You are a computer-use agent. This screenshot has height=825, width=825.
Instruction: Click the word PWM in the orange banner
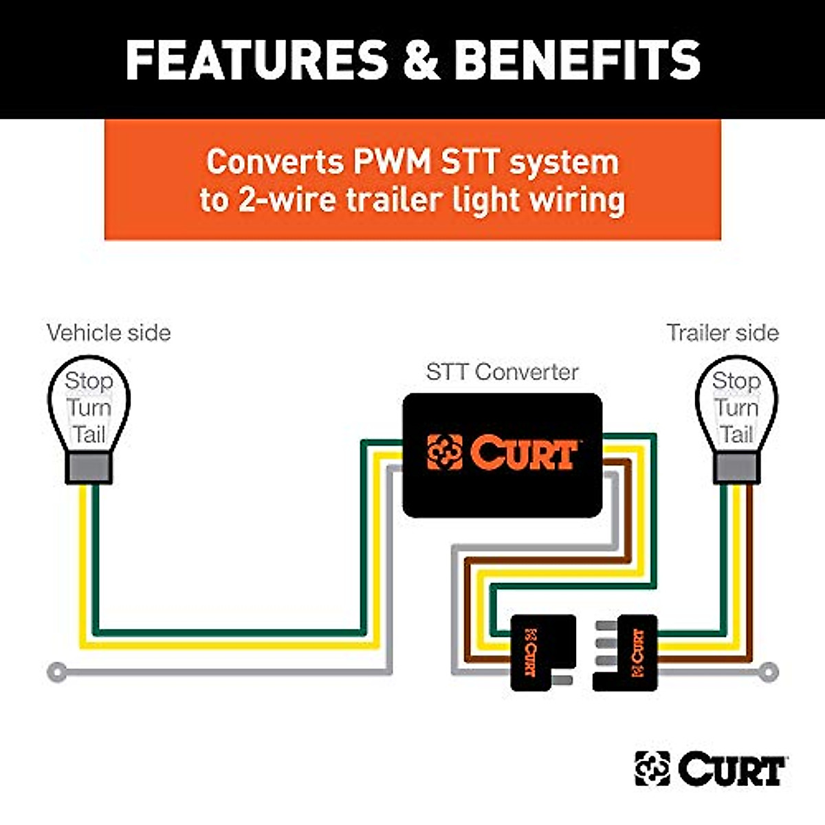coord(392,162)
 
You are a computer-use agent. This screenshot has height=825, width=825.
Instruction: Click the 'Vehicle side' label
coord(109,333)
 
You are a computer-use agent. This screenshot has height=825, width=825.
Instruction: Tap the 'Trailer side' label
coord(723,333)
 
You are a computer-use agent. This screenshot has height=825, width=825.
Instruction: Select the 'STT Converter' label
coord(502,372)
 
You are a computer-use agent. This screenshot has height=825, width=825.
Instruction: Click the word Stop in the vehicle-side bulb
coord(89,380)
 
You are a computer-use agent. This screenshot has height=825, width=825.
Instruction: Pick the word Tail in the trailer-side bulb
coord(736,434)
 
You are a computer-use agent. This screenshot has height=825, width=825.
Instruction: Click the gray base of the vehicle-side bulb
coord(89,469)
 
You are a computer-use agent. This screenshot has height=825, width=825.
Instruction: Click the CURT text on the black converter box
coord(522,453)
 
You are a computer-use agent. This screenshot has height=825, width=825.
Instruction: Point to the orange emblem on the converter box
coord(444,452)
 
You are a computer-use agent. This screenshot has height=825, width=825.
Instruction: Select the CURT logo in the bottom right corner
coord(710,769)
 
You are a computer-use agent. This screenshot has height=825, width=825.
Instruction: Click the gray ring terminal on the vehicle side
coord(58,672)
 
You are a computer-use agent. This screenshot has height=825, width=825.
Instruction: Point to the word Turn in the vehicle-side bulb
coord(89,408)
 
